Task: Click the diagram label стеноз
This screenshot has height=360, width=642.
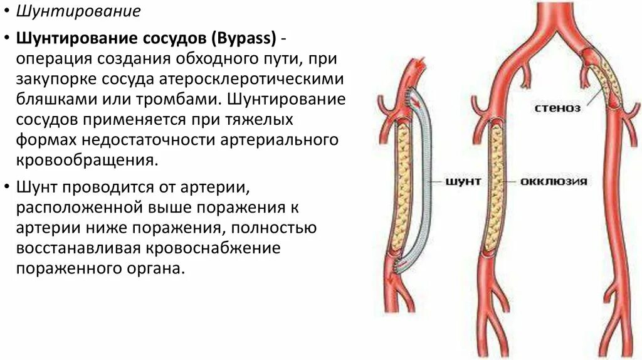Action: point(557,108)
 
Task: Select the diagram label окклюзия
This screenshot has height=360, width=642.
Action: point(554,182)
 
